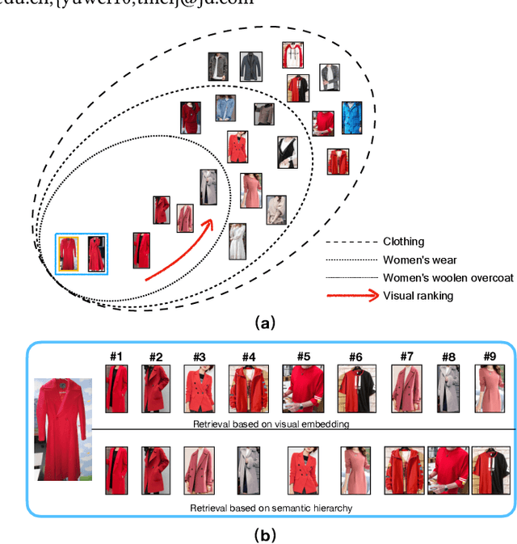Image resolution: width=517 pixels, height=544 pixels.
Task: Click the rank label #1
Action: coord(116,356)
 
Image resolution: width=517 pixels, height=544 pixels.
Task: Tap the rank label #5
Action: coord(303,356)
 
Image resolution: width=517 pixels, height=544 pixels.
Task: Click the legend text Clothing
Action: coord(403,241)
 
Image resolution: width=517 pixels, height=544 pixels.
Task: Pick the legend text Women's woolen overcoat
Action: coord(437,278)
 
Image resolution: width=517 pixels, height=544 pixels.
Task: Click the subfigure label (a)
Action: coord(264,323)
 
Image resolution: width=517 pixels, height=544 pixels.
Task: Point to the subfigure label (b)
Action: coord(264,534)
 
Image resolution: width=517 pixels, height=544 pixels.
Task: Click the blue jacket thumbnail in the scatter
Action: coord(351,118)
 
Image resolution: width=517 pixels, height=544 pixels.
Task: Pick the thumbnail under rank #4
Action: coord(246,390)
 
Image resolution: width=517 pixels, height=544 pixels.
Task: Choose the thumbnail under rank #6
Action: coord(356,390)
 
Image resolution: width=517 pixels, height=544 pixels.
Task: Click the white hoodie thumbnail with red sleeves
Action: coord(292,56)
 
